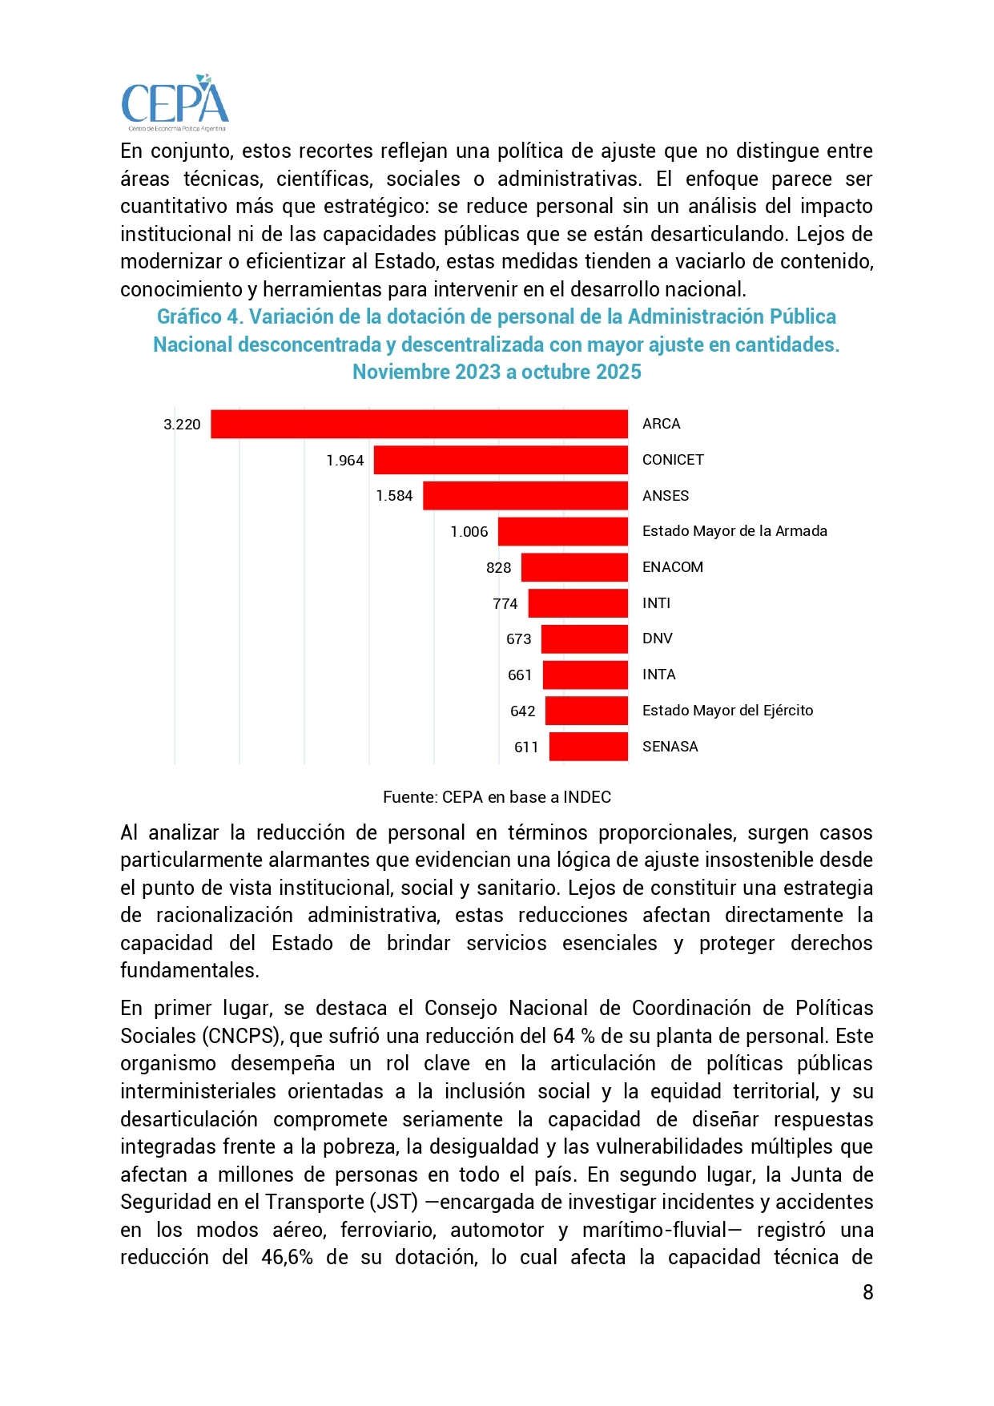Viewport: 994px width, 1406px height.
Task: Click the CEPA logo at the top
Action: click(175, 103)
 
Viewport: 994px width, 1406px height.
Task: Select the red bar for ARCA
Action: click(419, 425)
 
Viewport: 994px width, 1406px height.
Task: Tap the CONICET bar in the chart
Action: click(501, 461)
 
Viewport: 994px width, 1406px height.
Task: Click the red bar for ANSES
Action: click(525, 496)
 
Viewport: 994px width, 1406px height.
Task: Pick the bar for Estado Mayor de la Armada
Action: click(562, 532)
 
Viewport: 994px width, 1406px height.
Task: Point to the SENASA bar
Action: click(588, 747)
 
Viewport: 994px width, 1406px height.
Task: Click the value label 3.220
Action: click(182, 425)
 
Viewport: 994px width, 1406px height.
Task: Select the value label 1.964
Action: click(345, 461)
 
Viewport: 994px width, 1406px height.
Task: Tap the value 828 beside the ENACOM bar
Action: click(498, 568)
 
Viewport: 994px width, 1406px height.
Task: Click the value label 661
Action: click(520, 675)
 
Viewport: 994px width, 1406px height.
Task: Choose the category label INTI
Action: click(656, 603)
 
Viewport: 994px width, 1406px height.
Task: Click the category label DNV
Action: click(657, 639)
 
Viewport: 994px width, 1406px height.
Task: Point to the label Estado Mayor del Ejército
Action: click(727, 711)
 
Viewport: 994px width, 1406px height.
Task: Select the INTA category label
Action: click(658, 675)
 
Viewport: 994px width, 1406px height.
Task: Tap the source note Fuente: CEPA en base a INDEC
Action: click(497, 797)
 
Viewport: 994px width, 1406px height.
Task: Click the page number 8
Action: click(867, 1292)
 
